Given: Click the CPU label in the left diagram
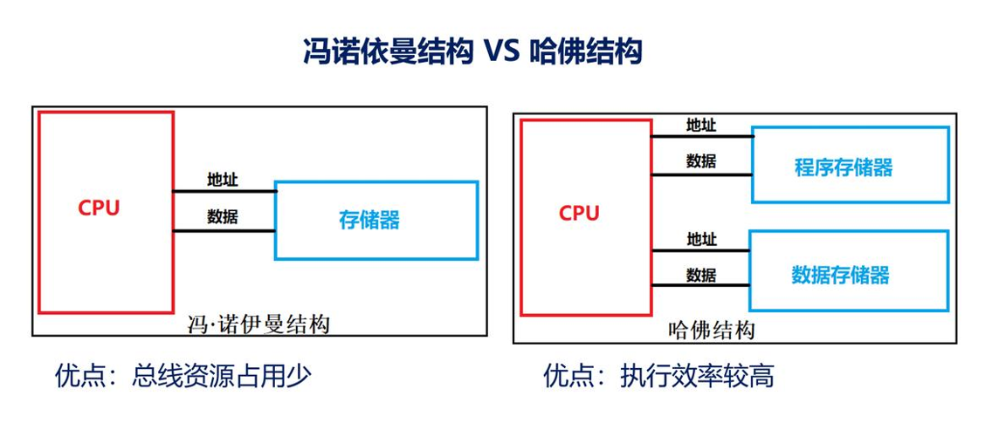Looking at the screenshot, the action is pos(99,208).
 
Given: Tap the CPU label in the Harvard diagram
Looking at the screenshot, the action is pos(579,213).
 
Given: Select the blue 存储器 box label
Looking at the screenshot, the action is pos(369,220).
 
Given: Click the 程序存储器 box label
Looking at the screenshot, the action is pos(844,167).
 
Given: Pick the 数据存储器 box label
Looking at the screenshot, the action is pos(840,276).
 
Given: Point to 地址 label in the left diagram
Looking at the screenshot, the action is pos(223,181).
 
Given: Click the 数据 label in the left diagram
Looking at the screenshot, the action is pos(223,217).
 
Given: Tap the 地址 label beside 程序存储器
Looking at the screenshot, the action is pos(701,126).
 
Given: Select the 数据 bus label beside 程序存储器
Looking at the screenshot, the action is pos(701,161).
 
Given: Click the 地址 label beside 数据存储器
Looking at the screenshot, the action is pos(701,239).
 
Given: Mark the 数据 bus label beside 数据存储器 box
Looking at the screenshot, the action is pos(701,276).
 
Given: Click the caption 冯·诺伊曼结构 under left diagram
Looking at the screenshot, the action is pos(258,325).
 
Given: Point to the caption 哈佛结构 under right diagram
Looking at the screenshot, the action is pos(711,330).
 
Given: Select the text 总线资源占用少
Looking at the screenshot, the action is pos(222,376).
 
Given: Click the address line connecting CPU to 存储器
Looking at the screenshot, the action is pos(224,191).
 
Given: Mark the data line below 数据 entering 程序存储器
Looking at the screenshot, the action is pos(701,174).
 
